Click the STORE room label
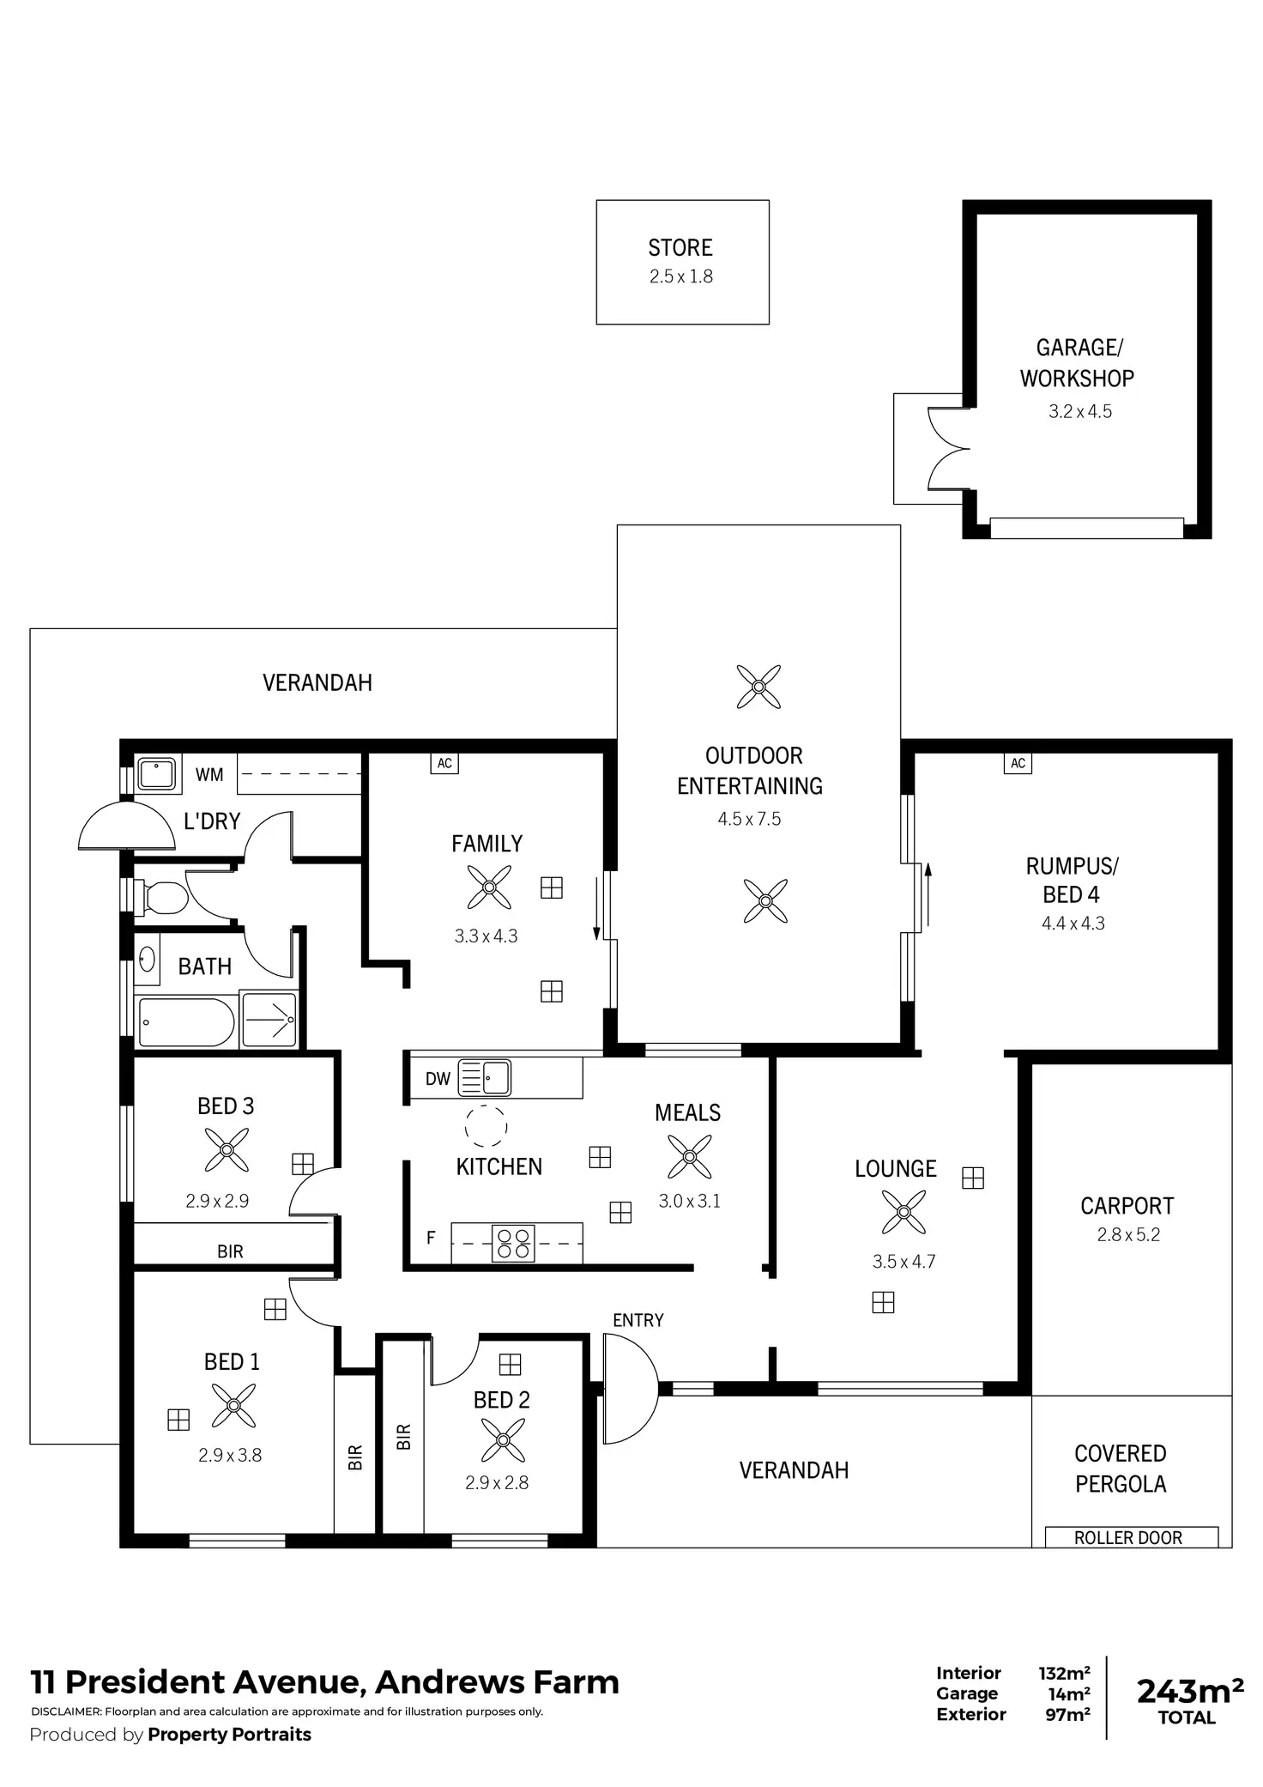tap(680, 248)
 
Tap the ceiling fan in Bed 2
tap(503, 1439)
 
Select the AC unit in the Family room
tap(444, 763)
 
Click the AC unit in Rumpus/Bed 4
tap(1018, 763)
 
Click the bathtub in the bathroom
tap(186, 1021)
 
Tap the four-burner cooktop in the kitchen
tap(513, 1243)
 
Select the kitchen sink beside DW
tap(486, 1078)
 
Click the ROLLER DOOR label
tap(1128, 1538)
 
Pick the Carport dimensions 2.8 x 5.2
tap(1128, 1234)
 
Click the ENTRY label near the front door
tap(638, 1320)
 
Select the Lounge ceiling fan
tap(903, 1212)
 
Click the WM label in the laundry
tap(209, 775)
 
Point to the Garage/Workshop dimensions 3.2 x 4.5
tap(1079, 411)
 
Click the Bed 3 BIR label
tap(230, 1251)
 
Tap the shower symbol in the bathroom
tap(269, 1020)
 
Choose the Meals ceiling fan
tap(689, 1156)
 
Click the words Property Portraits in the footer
tap(229, 1734)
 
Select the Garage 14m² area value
tap(1068, 1693)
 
